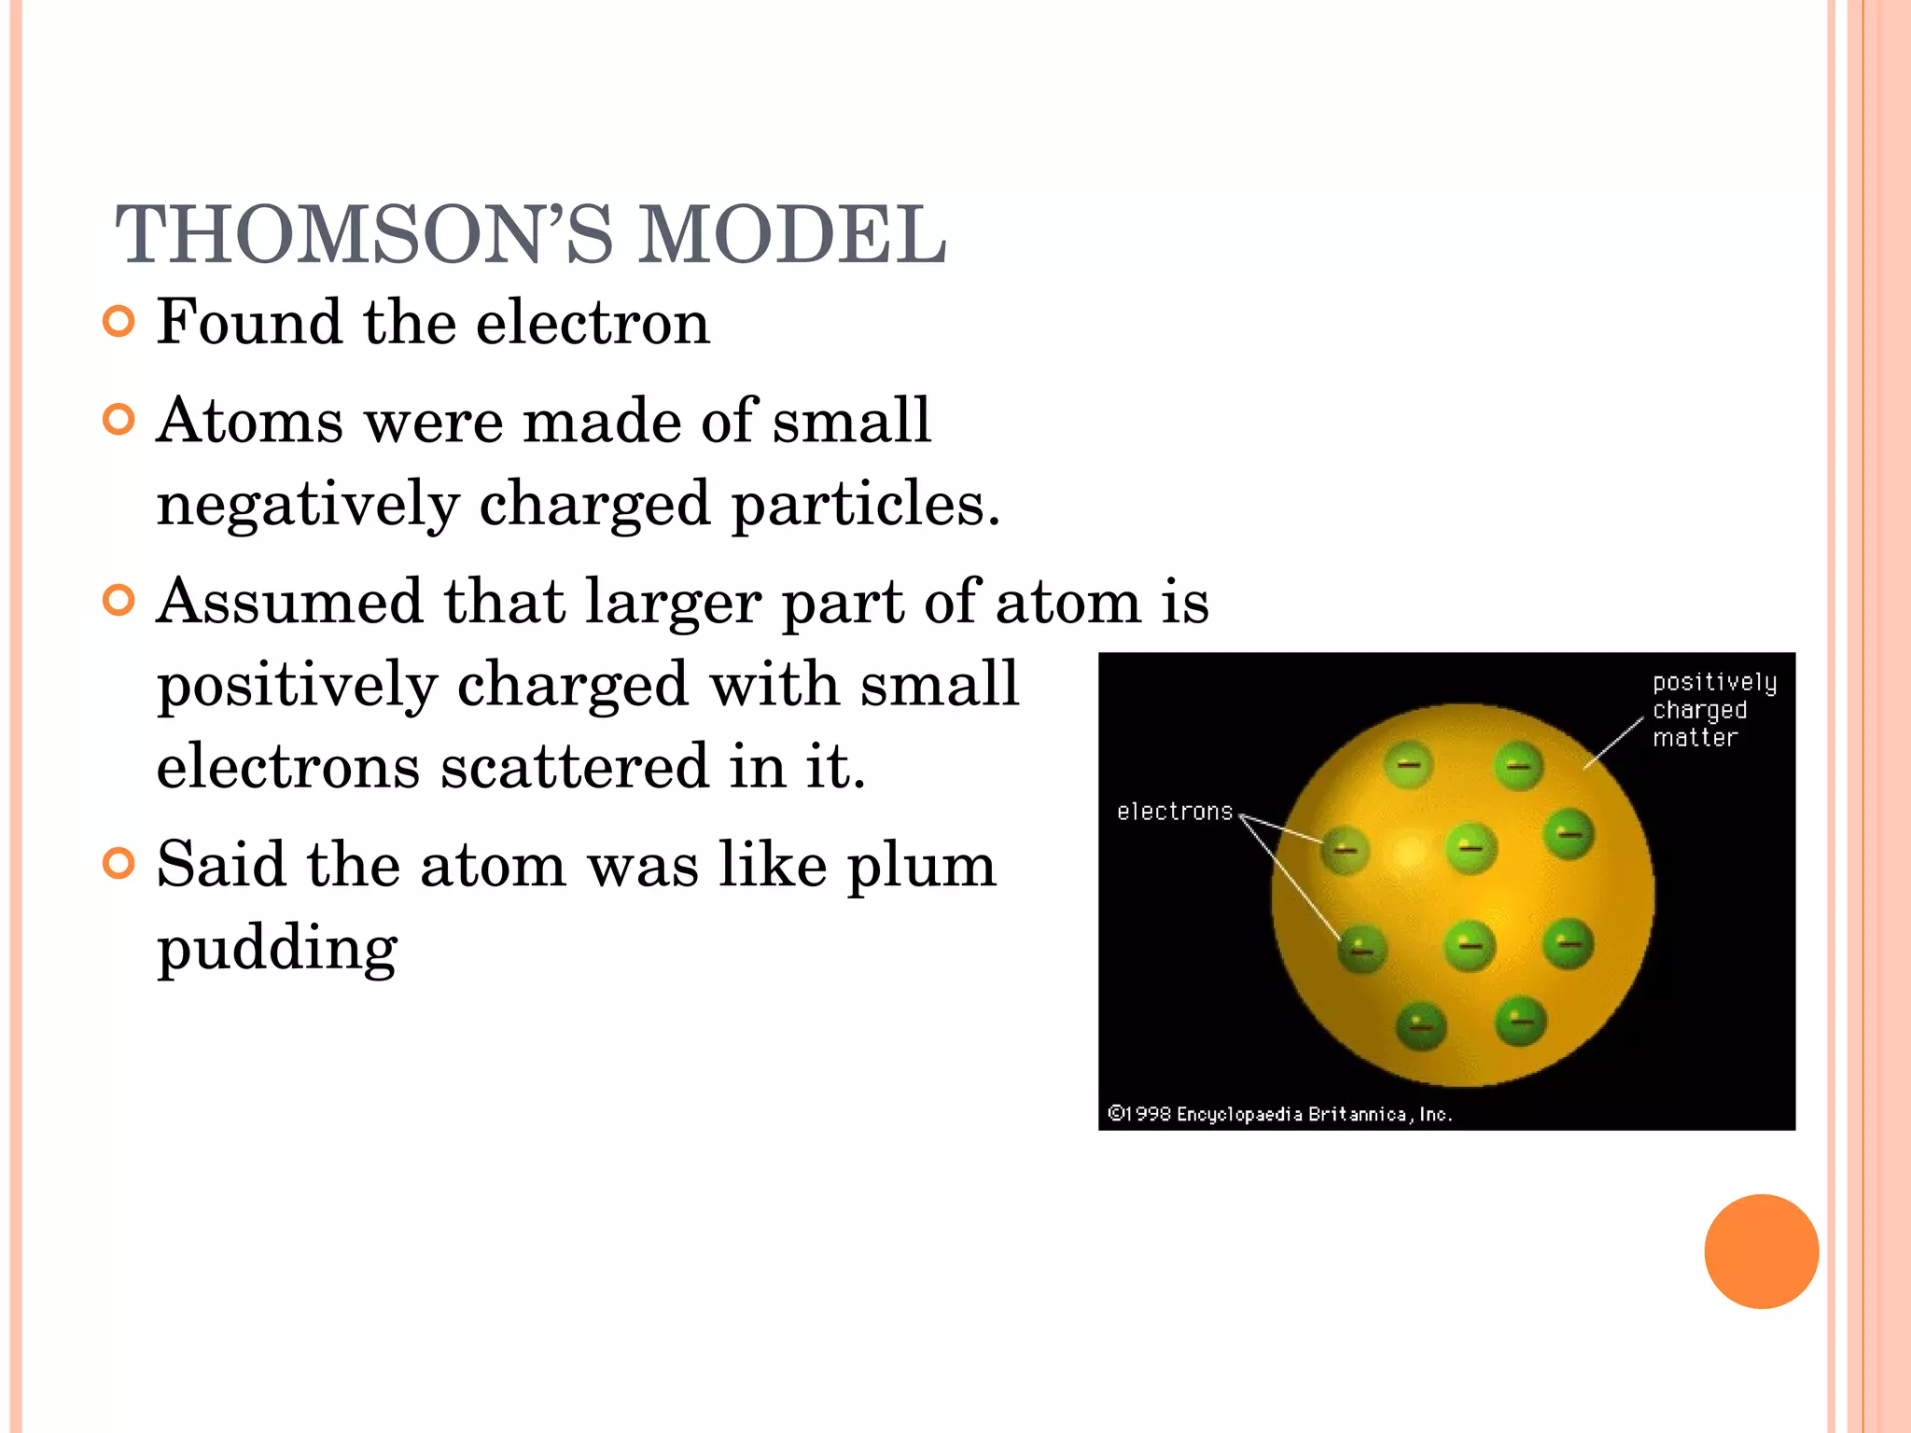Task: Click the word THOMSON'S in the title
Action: [364, 235]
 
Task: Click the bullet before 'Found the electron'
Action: [119, 322]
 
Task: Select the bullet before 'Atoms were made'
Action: [119, 420]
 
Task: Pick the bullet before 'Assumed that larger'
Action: [119, 600]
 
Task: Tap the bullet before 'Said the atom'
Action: [119, 863]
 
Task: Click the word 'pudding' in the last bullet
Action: [277, 949]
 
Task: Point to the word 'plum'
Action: [921, 866]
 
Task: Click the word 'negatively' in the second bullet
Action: [308, 505]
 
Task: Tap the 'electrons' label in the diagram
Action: [1175, 812]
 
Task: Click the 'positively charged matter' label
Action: [1713, 710]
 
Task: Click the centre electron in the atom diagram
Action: [1472, 848]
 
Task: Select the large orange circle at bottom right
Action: [1761, 1251]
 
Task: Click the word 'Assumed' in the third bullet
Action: [289, 602]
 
